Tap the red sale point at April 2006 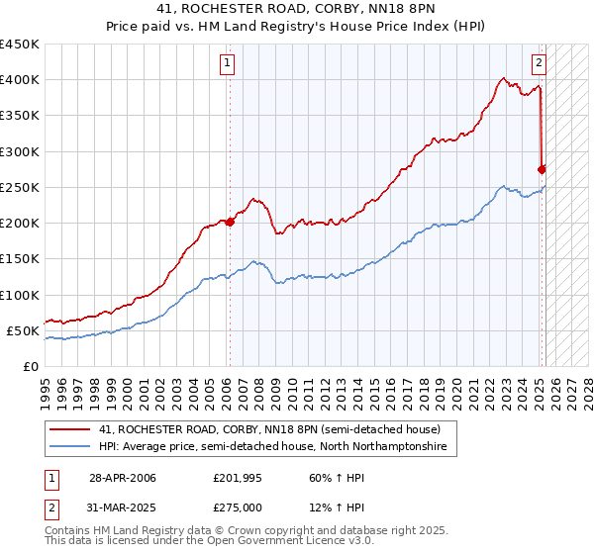point(230,222)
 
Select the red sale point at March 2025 point(543,169)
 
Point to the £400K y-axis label point(20,80)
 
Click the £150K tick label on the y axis point(20,259)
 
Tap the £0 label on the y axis point(30,366)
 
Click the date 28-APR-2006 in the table point(123,478)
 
